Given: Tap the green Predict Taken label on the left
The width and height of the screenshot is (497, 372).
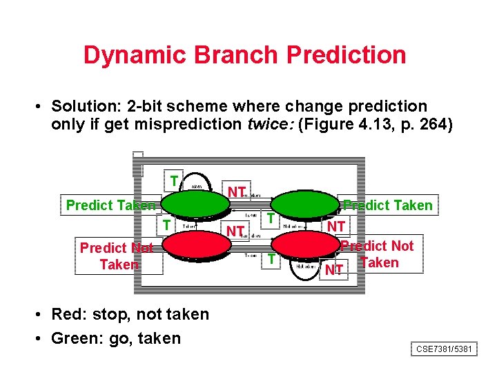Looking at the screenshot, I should point(110,205).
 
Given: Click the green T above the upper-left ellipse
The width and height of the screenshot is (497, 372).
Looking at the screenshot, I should point(174,181).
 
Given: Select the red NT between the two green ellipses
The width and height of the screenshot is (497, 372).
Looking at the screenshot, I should point(237,191).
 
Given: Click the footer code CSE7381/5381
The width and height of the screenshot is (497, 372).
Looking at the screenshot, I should point(445,349).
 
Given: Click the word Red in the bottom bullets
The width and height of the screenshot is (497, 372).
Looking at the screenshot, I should point(68,314).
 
